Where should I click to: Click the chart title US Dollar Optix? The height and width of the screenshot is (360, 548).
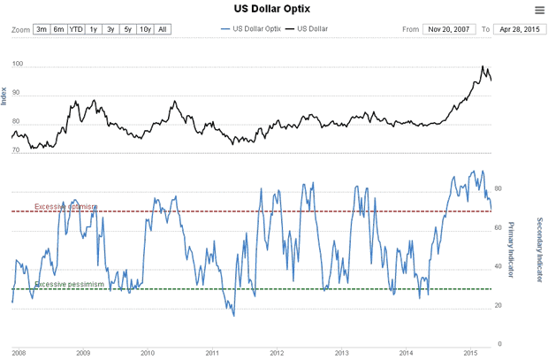273,9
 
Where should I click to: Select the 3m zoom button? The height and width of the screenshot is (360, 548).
42,29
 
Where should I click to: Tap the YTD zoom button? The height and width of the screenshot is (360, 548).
77,29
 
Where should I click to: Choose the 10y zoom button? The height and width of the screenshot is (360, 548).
145,29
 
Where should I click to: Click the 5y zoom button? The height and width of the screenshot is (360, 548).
127,29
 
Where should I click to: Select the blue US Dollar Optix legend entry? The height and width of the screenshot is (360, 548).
251,29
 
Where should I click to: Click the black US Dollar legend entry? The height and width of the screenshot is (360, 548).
308,29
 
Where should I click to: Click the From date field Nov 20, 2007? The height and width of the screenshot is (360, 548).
449,29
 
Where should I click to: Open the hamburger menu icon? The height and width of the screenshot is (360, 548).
539,10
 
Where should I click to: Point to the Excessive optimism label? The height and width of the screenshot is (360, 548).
65,207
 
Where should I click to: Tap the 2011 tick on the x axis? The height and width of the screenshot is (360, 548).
212,352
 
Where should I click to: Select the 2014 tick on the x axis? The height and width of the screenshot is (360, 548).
407,352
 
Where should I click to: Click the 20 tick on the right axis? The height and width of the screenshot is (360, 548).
499,305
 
